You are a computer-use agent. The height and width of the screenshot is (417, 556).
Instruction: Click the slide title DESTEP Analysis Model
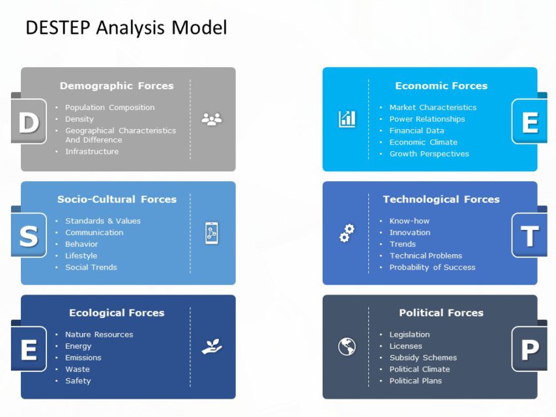[x=126, y=27]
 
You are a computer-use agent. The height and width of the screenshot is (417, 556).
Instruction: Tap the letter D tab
[x=28, y=122]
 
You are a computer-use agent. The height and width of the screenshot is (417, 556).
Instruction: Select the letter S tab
[x=28, y=235]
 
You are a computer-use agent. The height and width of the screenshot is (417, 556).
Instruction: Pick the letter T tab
[x=529, y=235]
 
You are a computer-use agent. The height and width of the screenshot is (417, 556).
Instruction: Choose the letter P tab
[x=529, y=349]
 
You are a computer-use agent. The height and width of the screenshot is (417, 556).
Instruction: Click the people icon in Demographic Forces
[x=212, y=119]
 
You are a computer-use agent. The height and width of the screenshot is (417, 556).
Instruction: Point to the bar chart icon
[x=347, y=119]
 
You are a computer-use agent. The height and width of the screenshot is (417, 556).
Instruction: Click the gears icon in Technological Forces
[x=347, y=233]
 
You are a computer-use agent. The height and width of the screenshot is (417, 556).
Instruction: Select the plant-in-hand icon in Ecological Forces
[x=212, y=347]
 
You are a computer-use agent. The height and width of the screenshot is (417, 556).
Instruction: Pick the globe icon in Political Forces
[x=347, y=347]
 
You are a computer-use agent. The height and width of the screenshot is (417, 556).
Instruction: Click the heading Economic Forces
[x=441, y=85]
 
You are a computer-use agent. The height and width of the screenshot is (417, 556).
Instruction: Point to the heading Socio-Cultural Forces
[x=117, y=199]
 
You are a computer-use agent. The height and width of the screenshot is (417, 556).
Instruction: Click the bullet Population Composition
[x=110, y=108]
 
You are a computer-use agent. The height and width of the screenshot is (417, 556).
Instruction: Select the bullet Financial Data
[x=417, y=130]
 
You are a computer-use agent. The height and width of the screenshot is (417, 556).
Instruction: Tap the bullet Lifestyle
[x=81, y=255]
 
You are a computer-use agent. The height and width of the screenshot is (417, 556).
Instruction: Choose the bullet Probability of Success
[x=432, y=267]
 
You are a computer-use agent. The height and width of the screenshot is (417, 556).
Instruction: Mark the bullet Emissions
[x=83, y=358]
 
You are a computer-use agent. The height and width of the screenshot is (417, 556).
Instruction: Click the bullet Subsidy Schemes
[x=423, y=358]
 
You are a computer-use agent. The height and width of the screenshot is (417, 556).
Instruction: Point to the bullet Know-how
[x=409, y=221]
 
